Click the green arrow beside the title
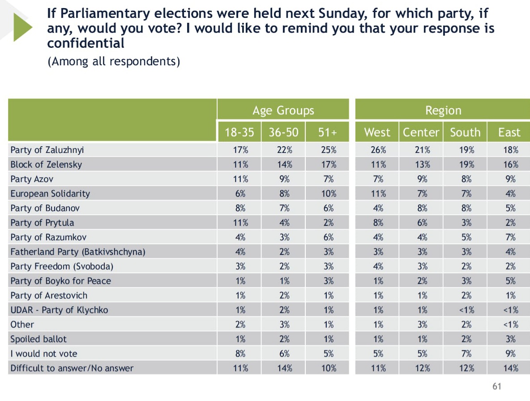22,27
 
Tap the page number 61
497,386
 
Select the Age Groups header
283,110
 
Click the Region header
443,110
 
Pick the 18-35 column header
239,132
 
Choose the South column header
465,132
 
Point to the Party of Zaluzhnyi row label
47,150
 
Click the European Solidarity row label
50,194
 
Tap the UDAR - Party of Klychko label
59,310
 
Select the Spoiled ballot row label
38,339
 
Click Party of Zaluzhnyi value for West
378,150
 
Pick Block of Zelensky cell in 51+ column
328,165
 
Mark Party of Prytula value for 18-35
239,223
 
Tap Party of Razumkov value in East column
509,237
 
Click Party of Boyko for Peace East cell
509,281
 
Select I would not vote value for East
509,354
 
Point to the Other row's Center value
422,325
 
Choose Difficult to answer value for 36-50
284,368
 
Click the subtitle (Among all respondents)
114,61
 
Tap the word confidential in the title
85,43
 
